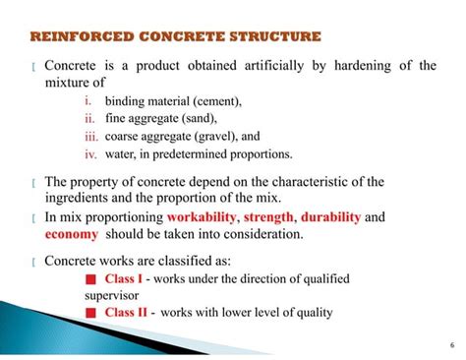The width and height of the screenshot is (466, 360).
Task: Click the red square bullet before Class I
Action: pyautogui.click(x=90, y=279)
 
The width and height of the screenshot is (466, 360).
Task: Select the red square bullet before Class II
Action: pyautogui.click(x=90, y=314)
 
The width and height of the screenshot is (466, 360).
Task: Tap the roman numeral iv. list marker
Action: pyautogui.click(x=88, y=153)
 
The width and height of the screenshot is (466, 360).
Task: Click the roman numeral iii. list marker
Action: pyautogui.click(x=88, y=137)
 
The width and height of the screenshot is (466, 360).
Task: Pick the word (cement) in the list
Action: pyautogui.click(x=218, y=101)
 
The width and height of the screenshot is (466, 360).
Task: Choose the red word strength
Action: pyautogui.click(x=268, y=216)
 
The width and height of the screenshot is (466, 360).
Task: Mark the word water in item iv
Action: pyautogui.click(x=121, y=154)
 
